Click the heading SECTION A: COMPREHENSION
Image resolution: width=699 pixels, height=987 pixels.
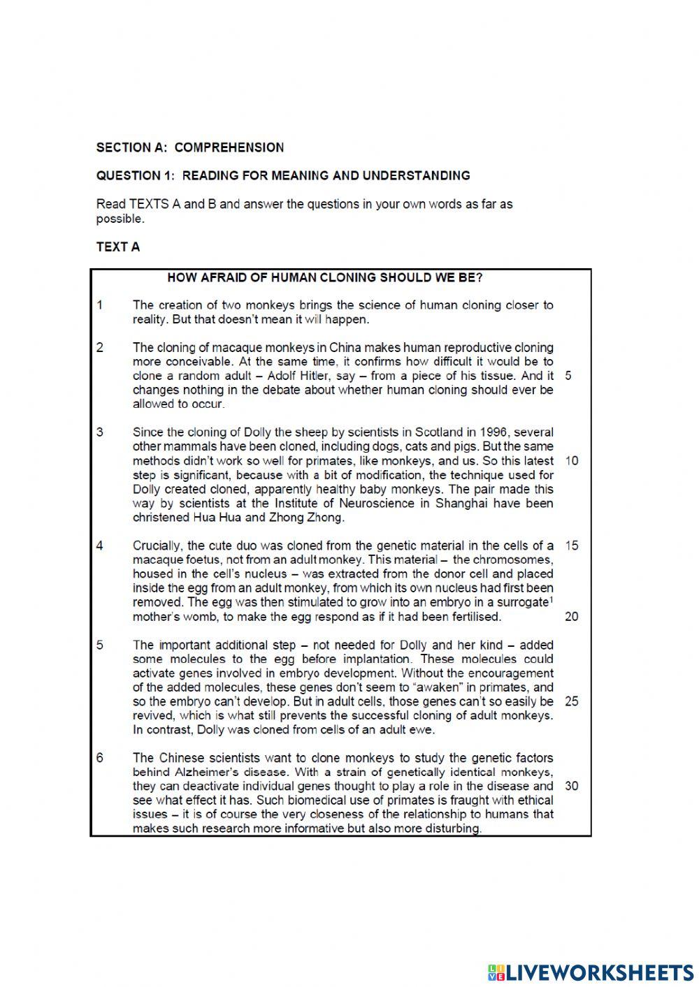(x=190, y=147)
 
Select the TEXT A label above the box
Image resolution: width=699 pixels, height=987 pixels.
(x=118, y=247)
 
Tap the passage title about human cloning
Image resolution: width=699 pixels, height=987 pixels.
(x=325, y=277)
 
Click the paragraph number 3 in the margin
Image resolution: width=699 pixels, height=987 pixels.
(x=100, y=432)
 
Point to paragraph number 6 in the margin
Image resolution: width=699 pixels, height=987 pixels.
(x=100, y=758)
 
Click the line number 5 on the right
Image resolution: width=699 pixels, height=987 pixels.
(x=568, y=376)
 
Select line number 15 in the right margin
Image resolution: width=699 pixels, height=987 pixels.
(x=571, y=546)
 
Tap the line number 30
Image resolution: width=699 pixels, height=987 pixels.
(x=571, y=786)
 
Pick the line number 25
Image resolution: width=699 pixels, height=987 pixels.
(x=571, y=701)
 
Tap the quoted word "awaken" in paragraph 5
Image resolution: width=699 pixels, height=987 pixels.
(x=438, y=687)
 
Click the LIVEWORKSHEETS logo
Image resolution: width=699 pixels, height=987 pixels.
(x=591, y=972)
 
